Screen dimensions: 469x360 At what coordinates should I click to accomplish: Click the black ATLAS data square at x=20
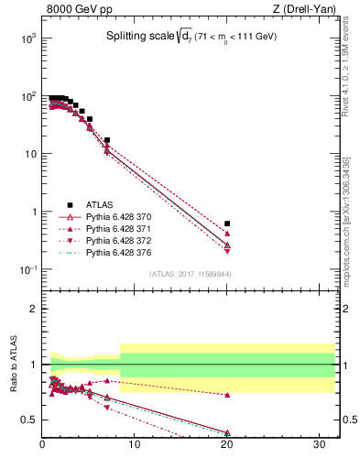pos(227,224)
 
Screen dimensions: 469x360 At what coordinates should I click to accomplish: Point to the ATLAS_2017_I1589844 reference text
pos(191,274)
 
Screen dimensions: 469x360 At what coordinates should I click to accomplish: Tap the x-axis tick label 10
pos(135,446)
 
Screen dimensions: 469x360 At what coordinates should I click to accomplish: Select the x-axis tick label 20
pos(227,446)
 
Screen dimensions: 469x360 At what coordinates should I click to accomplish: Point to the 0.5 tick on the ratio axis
pos(31,420)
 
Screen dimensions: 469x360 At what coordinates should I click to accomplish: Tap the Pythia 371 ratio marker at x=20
pos(227,395)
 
